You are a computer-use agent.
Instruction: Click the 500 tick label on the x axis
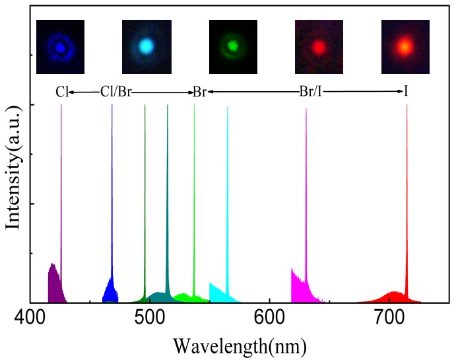149,317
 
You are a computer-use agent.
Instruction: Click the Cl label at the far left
61,92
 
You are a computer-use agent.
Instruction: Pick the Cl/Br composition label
115,92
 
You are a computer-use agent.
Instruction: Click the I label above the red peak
406,92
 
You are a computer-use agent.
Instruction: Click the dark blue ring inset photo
61,46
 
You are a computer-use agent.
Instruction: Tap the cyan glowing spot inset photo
147,46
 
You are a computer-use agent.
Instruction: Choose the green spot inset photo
232,46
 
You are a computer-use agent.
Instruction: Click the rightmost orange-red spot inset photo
406,46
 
